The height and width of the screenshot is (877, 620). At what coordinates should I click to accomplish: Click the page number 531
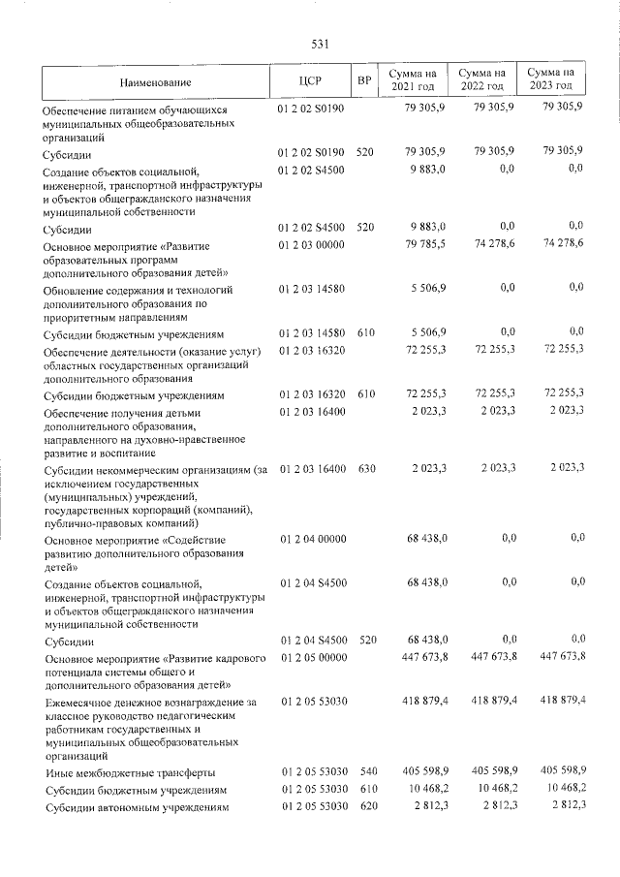(x=321, y=44)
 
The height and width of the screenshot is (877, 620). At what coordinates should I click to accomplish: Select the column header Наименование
(x=156, y=81)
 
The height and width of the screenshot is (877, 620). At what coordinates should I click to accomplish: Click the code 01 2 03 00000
(x=311, y=245)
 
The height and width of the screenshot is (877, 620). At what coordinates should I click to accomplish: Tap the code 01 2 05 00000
(x=311, y=658)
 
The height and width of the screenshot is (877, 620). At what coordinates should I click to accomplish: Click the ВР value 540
(x=365, y=771)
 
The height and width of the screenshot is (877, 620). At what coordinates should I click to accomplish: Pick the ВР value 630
(x=365, y=468)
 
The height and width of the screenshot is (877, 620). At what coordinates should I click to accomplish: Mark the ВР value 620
(x=365, y=806)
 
